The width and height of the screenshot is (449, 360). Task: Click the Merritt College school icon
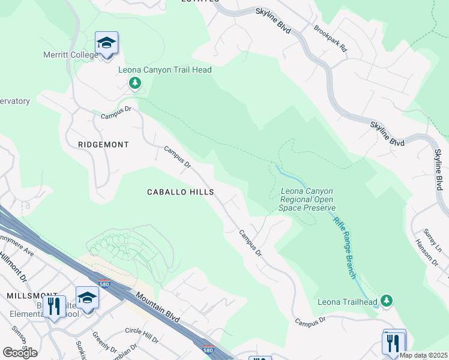coord(106,43)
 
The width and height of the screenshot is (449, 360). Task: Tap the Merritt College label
coord(70,55)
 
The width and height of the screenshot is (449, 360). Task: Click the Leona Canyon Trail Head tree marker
coord(136,83)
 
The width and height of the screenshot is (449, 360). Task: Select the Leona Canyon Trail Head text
coord(164,70)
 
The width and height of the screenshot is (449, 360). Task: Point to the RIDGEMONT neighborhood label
coord(103,145)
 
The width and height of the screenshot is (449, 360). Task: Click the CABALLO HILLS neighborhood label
coord(181,192)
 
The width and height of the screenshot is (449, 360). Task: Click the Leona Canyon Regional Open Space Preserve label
coord(307,200)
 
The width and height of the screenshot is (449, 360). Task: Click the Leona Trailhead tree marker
coord(387,299)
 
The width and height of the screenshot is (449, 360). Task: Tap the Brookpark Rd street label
coord(331,37)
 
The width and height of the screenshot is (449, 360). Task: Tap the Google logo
coord(20,352)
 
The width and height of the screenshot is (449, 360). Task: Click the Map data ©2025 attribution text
coord(423,355)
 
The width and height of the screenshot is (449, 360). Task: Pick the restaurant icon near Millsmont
coord(55,307)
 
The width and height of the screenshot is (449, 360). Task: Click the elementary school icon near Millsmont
coord(87,298)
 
